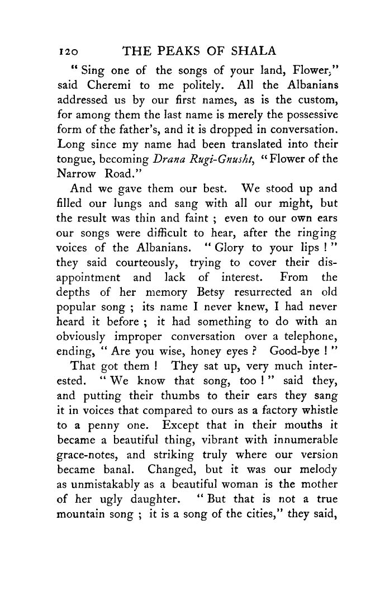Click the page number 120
68,51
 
